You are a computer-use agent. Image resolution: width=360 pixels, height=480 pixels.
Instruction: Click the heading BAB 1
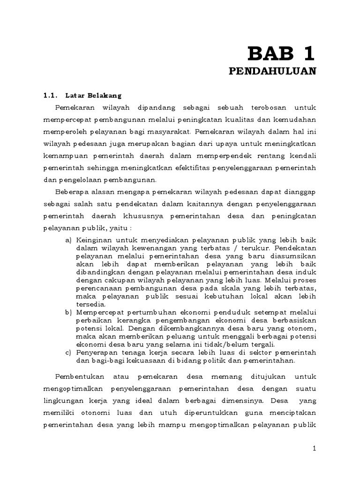tap(281, 53)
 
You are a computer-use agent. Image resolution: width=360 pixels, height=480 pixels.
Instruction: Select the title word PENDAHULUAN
tap(273, 71)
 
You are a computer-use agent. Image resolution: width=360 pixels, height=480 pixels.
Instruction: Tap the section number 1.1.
tap(50, 96)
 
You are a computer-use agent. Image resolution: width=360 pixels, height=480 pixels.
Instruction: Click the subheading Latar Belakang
tap(94, 96)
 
